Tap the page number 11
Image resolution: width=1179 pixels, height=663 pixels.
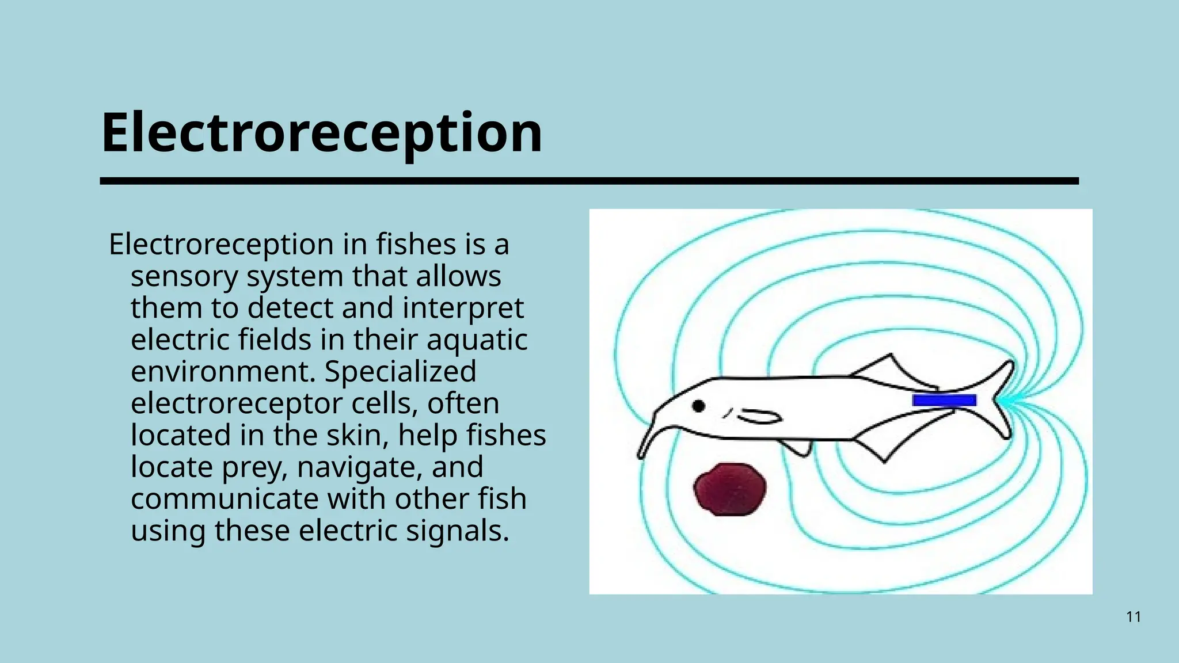pyautogui.click(x=1134, y=617)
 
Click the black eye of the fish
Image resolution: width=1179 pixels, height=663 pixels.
pyautogui.click(x=698, y=406)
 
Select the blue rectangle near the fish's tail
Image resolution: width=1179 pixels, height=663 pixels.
pyautogui.click(x=944, y=400)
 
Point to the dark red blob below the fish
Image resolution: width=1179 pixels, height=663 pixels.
pyautogui.click(x=730, y=489)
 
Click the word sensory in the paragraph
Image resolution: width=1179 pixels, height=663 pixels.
pyautogui.click(x=184, y=277)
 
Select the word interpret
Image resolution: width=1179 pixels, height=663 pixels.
pyautogui.click(x=463, y=308)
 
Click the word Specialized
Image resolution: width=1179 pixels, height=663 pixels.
pyautogui.click(x=400, y=372)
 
